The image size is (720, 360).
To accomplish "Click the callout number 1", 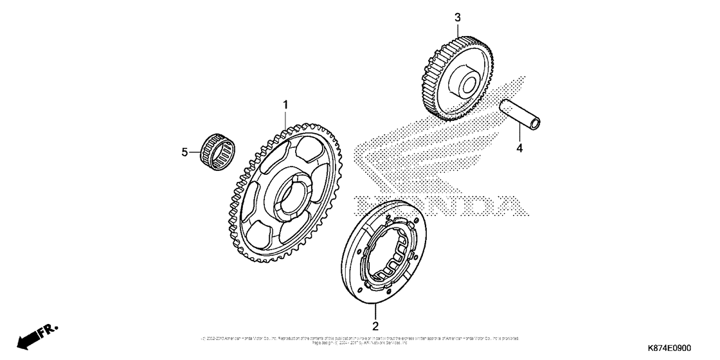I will (x=286, y=104).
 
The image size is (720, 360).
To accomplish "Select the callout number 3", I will (x=458, y=18).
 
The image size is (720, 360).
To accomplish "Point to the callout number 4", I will (x=519, y=148).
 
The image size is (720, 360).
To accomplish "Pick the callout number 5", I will (x=184, y=152).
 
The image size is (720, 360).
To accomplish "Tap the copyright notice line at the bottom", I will (x=360, y=338).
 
